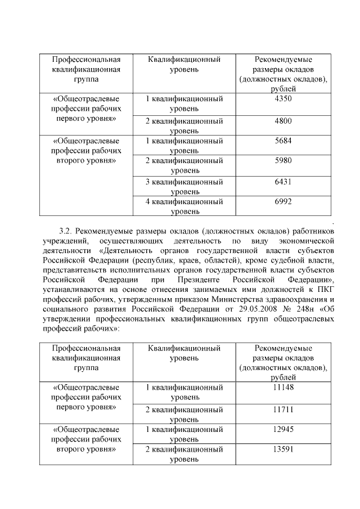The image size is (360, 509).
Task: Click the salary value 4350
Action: pos(283,98)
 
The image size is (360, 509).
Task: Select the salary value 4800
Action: pos(283,121)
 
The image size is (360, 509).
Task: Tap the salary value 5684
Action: pos(283,141)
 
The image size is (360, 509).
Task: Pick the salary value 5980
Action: pos(283,161)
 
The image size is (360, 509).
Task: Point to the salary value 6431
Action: pos(283,182)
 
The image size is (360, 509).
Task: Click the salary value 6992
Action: pos(283,202)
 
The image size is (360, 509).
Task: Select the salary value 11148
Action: pos(283,387)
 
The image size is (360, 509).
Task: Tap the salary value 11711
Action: pos(283,409)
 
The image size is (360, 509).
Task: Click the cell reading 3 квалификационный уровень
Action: pos(184,186)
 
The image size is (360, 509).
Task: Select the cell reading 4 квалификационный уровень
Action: pos(184,206)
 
